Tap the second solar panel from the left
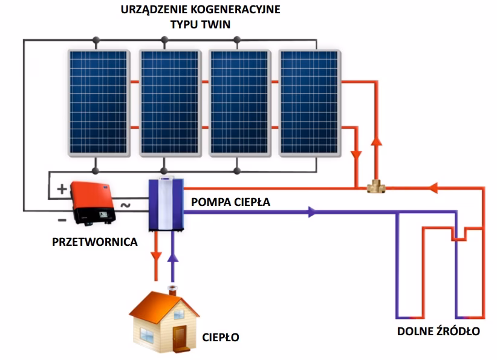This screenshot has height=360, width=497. point(170,103)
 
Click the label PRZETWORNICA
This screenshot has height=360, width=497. point(94,242)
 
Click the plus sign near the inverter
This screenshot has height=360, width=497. point(62,188)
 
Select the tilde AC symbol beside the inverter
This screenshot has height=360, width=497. point(125,205)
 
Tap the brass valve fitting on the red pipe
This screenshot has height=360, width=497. point(377,188)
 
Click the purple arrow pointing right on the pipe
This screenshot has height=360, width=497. point(311,212)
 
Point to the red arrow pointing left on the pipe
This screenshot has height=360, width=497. point(434,188)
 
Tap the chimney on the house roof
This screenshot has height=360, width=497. point(174,291)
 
